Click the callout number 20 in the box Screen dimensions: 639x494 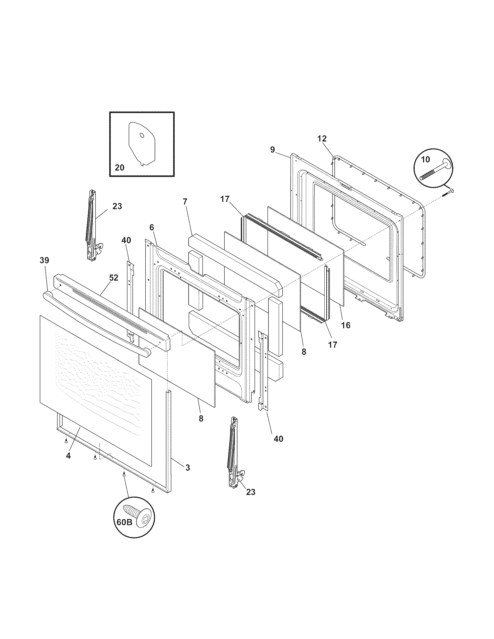coord(119,168)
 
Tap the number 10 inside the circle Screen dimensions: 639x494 coord(425,159)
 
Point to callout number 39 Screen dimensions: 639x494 coord(44,260)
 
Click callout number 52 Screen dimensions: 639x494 coord(114,278)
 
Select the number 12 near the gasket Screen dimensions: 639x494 coord(322,139)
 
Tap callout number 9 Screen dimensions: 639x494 coord(273,150)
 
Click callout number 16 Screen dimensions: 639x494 coord(346,325)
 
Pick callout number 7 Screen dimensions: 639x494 coord(185,202)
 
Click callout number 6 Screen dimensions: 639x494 coord(152,227)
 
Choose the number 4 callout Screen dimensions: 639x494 coord(68,455)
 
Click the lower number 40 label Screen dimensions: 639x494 coord(278,439)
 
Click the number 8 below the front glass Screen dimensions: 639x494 coord(201,418)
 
